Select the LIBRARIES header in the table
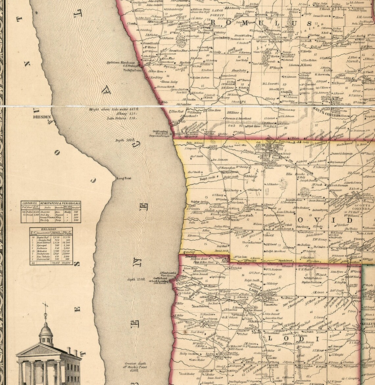[x=30, y=204]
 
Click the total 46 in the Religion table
[x=33, y=263]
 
